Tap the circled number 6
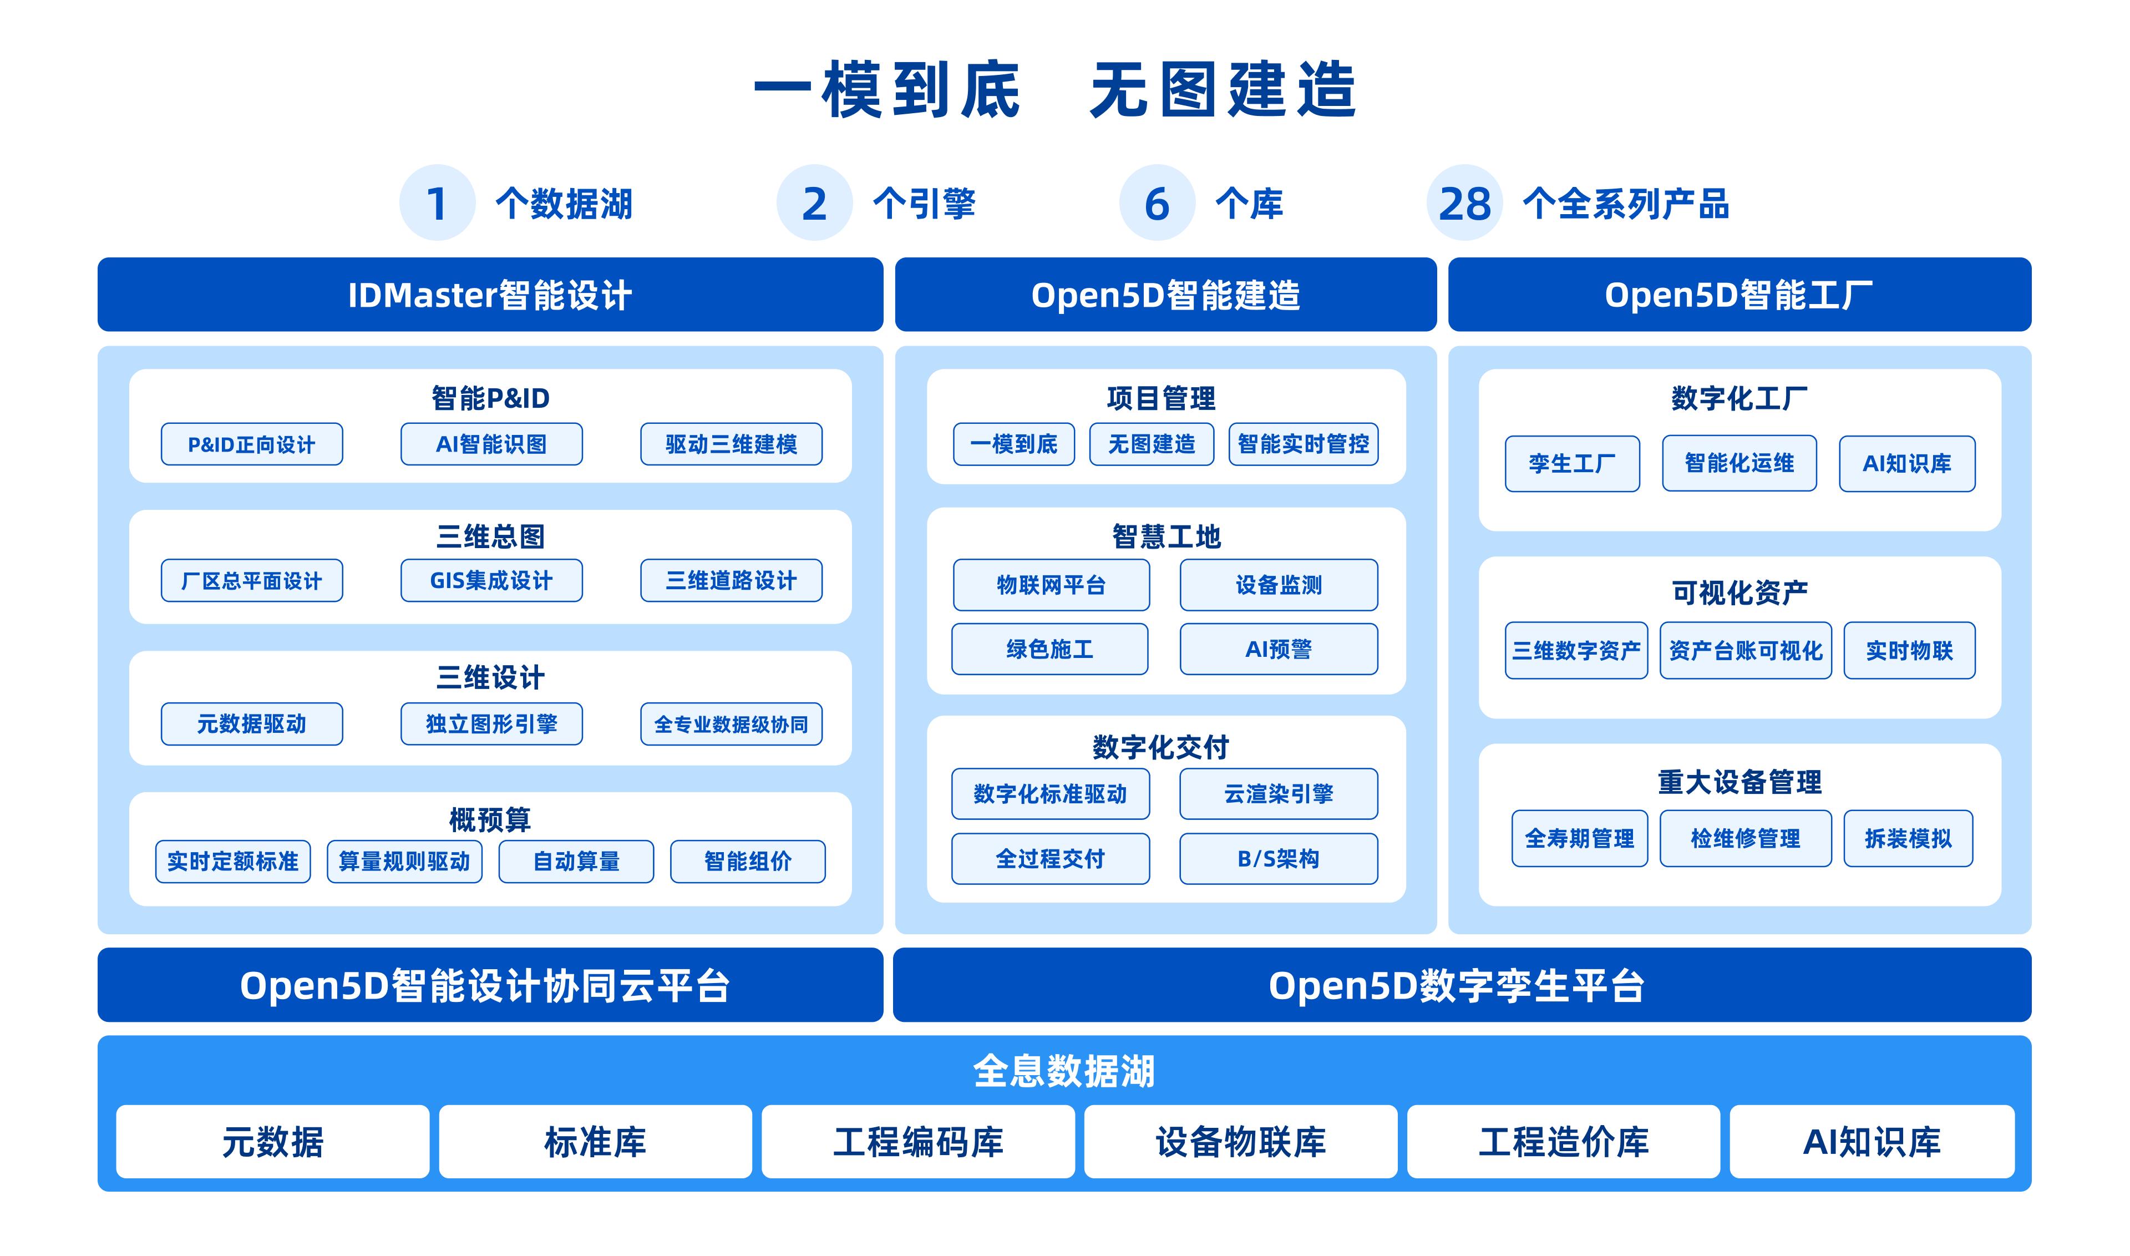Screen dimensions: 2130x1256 [x=1157, y=203]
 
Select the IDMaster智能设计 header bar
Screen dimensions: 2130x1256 [x=490, y=295]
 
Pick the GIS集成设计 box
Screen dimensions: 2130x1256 [x=491, y=581]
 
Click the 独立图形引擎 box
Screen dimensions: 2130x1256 [x=491, y=723]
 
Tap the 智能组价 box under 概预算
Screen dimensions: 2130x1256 [x=748, y=862]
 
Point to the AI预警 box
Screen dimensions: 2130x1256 [x=1279, y=649]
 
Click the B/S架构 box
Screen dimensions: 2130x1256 [x=1279, y=859]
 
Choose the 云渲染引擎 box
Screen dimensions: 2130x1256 [x=1279, y=794]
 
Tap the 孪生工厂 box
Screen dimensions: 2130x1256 [x=1573, y=464]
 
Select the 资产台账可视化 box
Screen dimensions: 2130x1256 [x=1746, y=651]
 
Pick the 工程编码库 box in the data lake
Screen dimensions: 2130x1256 [x=918, y=1142]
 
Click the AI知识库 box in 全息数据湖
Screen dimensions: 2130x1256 [x=1872, y=1142]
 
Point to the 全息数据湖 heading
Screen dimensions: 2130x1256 [x=1064, y=1071]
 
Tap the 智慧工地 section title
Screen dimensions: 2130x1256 [x=1166, y=536]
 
